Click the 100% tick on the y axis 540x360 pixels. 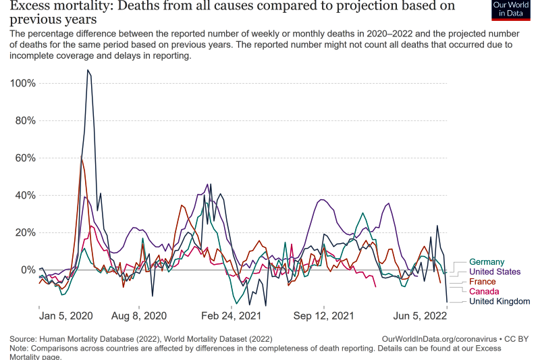(24, 83)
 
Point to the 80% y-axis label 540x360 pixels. (26, 121)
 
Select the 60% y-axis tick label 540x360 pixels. (26, 158)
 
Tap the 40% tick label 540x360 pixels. (26, 195)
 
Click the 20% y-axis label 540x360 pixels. (26, 232)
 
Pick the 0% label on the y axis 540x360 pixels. (28, 270)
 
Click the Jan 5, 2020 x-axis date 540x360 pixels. (66, 315)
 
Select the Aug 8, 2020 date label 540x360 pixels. (138, 315)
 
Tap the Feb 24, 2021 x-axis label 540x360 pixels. (231, 315)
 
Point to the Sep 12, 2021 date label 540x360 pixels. (325, 315)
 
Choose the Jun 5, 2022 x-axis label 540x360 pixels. (421, 315)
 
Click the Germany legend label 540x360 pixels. (487, 262)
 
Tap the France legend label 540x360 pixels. (482, 282)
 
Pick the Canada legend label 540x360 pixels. (484, 291)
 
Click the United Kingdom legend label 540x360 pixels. (500, 301)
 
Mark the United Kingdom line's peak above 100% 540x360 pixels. (88, 70)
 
